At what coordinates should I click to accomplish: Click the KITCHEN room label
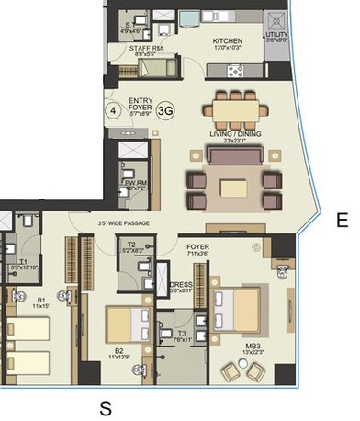[227, 41]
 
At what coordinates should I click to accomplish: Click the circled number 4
[113, 110]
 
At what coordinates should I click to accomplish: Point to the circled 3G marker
[166, 110]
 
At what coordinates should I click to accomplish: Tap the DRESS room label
[181, 285]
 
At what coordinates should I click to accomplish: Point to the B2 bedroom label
[119, 350]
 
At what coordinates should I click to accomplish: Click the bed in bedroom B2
[123, 323]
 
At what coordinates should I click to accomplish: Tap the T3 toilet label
[183, 334]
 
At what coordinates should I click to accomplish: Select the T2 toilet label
[131, 245]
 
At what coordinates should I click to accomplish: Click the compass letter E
[341, 221]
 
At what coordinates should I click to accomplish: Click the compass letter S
[106, 405]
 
